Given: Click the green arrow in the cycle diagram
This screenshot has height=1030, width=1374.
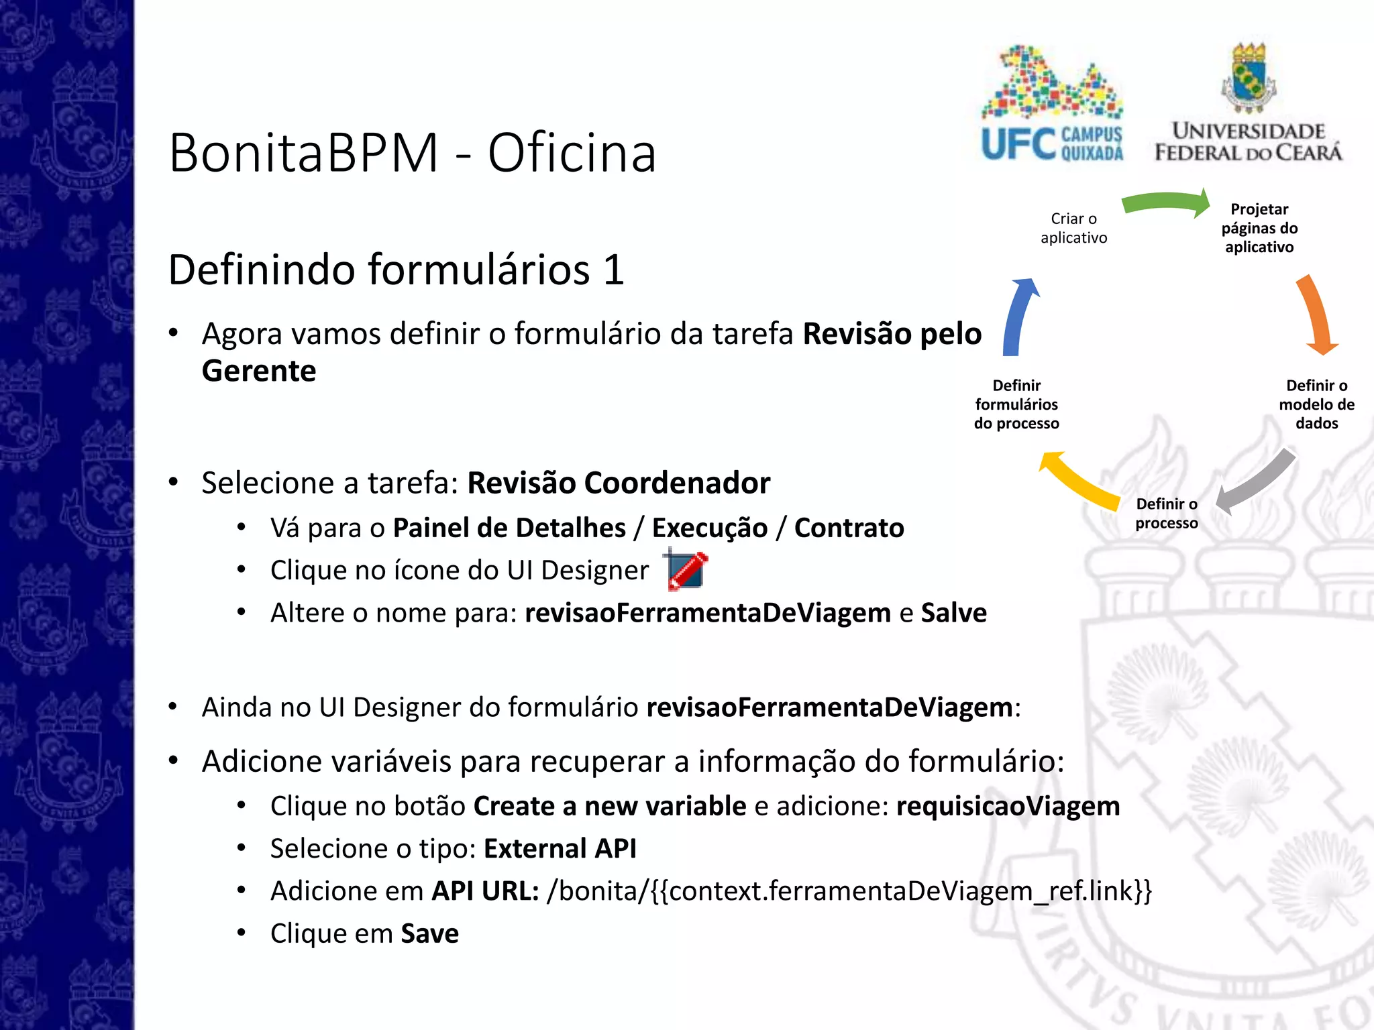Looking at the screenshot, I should point(1166,203).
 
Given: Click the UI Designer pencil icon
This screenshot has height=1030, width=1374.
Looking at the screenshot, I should point(686,570).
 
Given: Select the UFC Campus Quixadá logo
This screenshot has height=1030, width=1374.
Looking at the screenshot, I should point(1051,104).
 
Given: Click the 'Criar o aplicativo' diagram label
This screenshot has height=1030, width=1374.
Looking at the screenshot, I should point(1073,228).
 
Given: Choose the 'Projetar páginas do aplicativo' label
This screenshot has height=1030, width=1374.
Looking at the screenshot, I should point(1259,228).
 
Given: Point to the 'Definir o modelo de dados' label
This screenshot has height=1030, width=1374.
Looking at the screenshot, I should point(1316,404).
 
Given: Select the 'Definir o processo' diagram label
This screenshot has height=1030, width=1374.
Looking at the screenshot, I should point(1166,514).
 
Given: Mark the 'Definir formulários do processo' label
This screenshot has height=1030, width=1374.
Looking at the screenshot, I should point(1016,404).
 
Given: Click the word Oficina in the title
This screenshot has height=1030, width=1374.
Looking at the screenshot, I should point(572,153).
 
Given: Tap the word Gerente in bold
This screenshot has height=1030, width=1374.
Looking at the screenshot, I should point(259,371).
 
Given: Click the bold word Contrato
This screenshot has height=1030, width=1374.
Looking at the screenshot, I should point(849,528).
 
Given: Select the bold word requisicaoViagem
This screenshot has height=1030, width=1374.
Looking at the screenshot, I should point(1008,806).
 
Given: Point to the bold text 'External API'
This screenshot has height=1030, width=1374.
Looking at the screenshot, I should point(560,849).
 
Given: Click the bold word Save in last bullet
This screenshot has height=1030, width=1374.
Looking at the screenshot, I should point(429,933).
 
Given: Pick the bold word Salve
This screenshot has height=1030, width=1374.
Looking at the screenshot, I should point(953,613).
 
